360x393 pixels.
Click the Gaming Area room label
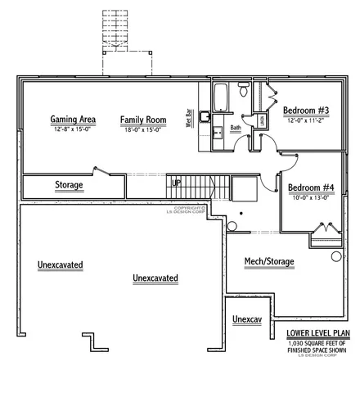coord(73,120)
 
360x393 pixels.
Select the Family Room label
coord(143,120)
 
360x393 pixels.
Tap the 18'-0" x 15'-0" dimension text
coord(143,129)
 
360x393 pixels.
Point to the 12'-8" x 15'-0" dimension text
coord(73,129)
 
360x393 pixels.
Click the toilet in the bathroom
coord(243,89)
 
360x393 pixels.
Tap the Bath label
coord(235,128)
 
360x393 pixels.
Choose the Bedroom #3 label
coord(306,111)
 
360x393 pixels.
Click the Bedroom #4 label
coord(311,187)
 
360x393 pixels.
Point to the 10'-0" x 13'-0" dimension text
coord(311,197)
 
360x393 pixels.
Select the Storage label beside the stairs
coord(69,185)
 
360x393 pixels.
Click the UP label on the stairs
coord(176,182)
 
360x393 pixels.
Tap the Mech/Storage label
coord(269,262)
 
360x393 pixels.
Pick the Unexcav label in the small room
coord(245,318)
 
